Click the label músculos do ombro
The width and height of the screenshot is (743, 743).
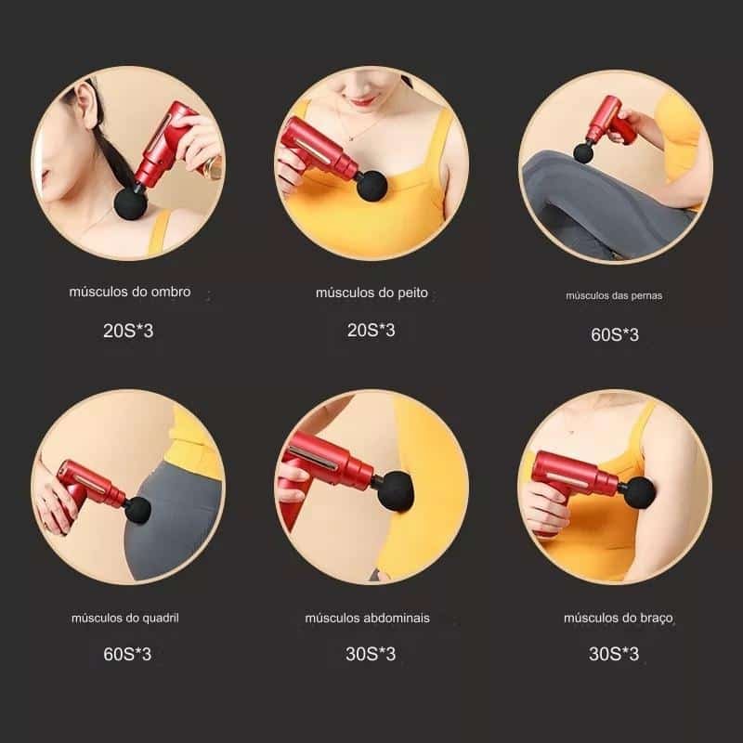130,292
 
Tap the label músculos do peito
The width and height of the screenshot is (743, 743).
371,293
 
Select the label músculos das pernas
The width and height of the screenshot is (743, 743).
614,295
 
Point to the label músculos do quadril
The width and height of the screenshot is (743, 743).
125,618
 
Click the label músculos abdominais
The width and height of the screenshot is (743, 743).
367,618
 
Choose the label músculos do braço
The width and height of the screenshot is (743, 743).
619,619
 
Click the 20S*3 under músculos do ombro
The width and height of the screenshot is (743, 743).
128,331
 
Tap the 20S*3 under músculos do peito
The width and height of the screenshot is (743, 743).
371,331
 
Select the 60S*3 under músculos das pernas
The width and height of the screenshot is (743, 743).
615,334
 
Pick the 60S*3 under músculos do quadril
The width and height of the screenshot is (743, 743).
127,655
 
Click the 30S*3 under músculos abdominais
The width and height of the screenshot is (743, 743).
370,654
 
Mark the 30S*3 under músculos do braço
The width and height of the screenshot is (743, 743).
614,654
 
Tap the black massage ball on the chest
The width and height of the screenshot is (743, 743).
371,186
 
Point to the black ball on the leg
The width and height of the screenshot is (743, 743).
583,153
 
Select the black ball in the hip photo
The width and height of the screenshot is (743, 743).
137,510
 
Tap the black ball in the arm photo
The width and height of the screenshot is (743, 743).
639,492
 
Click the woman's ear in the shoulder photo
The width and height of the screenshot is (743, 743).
86,106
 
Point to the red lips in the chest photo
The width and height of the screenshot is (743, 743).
364,100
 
